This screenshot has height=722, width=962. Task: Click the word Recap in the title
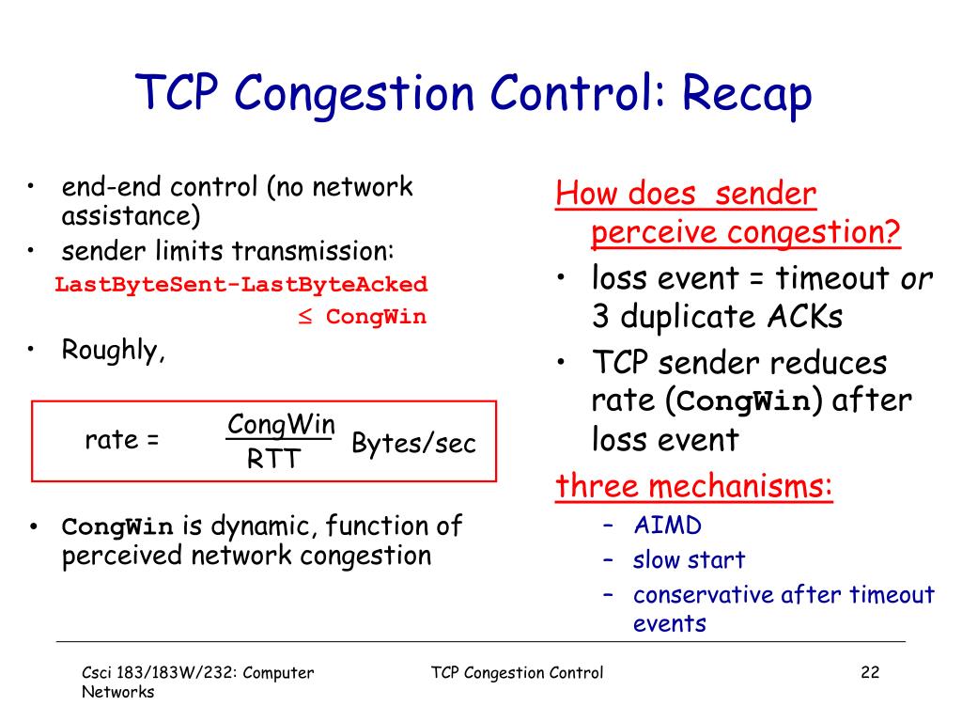pos(746,96)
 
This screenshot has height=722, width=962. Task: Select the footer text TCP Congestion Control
pos(517,672)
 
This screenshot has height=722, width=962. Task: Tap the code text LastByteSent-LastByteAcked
pos(240,284)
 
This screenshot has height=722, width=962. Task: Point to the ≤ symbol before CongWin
pos(305,317)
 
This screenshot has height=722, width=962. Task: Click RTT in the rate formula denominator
pos(273,460)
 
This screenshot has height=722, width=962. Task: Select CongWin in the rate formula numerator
pos(281,424)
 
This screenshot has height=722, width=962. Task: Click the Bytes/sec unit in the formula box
pos(413,444)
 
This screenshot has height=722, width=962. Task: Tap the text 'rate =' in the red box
pos(122,440)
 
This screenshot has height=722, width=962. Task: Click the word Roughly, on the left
pos(114,351)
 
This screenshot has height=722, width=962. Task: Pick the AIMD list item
pos(667,525)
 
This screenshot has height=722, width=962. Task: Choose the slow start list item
pos(689,560)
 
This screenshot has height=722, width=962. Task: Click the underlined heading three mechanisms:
pos(694,487)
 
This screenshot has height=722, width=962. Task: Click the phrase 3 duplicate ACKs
pos(717,317)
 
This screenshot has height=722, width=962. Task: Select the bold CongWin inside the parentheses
pos(743,402)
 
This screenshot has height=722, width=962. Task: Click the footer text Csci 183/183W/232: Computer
pos(196,672)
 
